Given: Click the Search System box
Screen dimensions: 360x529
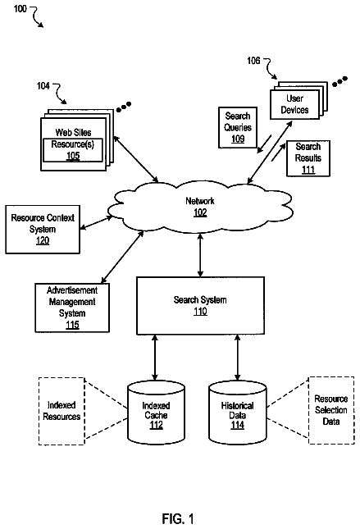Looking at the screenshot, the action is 200,306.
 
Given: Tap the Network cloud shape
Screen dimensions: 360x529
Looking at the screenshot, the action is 200,207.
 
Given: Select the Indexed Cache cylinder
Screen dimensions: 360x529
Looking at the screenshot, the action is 156,413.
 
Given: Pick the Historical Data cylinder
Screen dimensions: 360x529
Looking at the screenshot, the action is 238,413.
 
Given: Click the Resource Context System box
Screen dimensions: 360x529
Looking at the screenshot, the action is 43,229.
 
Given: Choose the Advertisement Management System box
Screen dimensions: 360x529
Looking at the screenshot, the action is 72,308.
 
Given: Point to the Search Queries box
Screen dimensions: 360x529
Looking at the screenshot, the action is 238,127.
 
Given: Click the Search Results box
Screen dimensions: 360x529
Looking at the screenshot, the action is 308,158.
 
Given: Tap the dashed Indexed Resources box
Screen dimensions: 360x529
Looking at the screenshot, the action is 62,411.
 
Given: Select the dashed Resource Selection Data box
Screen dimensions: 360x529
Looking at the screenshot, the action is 331,410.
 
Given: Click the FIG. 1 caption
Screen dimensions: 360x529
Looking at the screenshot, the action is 178,518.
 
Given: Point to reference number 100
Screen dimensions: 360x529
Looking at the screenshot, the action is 20,8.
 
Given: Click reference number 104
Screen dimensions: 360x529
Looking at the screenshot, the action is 43,86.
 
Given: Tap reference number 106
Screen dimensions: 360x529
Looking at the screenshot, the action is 253,61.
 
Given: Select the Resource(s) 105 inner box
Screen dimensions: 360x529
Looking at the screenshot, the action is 73,150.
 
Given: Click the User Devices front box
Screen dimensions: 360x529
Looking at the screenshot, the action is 294,104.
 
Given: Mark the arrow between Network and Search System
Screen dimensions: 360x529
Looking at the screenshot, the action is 200,255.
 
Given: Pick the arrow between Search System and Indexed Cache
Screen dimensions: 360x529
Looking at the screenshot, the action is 155,358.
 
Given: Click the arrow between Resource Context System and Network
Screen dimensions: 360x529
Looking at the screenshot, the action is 96,223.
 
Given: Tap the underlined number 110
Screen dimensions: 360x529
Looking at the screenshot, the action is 200,312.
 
